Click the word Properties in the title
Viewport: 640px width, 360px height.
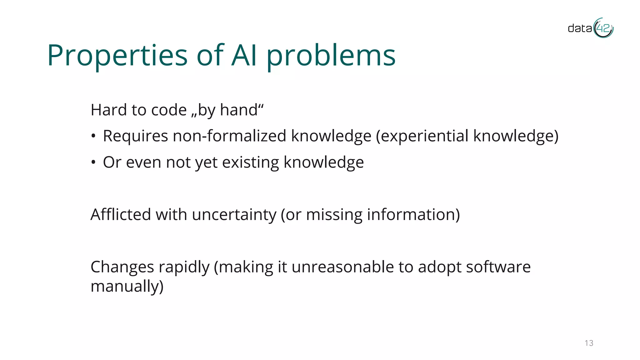point(117,56)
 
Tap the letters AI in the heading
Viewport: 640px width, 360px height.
point(244,56)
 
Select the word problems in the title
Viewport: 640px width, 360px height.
point(331,56)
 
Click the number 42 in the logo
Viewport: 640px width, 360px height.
point(603,28)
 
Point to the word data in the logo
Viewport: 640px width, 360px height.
point(580,28)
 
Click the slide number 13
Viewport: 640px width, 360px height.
point(589,343)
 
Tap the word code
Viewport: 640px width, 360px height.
point(169,110)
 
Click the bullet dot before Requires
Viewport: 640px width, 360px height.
point(93,136)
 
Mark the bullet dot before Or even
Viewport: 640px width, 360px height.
point(93,162)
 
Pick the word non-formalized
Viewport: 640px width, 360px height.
point(229,136)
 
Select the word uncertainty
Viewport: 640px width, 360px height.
point(234,215)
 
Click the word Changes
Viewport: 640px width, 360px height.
point(122,267)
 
